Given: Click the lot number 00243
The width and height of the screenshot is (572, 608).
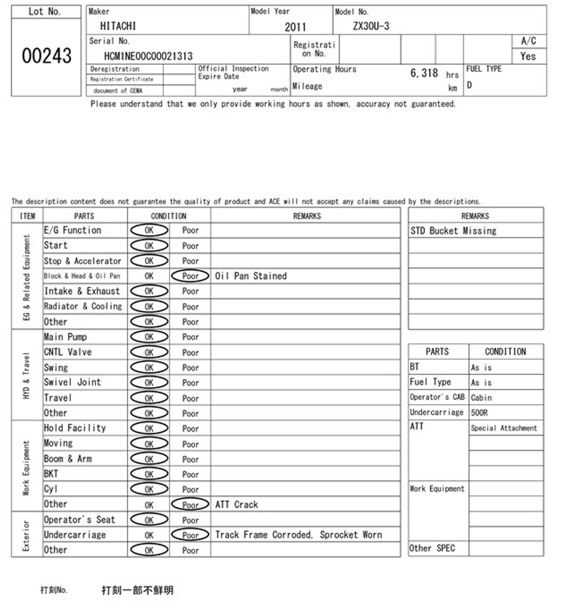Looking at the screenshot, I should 47,56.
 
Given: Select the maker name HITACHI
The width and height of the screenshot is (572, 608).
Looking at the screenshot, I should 118,26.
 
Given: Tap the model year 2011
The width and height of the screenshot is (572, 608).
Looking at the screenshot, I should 295,27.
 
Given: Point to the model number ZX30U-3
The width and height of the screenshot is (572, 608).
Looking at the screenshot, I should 371,26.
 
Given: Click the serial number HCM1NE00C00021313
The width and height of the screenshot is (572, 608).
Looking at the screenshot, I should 148,56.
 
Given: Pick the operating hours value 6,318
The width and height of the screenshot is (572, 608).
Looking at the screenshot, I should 424,73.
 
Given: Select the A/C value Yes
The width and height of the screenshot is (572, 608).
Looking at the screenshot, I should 528,56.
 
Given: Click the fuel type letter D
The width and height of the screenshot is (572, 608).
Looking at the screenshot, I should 469,85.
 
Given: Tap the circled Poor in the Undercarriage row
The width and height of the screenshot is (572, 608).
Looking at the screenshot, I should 190,535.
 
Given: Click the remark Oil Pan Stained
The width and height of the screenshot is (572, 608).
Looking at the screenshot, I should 251,276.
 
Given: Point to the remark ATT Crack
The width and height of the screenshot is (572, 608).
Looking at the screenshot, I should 236,505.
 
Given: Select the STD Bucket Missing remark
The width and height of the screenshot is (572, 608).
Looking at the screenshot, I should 453,231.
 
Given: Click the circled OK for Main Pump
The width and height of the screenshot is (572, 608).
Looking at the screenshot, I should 149,337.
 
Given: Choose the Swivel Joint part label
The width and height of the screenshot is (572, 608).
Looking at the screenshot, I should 72,382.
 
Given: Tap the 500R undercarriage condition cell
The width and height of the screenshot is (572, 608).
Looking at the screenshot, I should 479,413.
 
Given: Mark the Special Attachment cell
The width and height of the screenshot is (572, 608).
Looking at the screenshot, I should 504,428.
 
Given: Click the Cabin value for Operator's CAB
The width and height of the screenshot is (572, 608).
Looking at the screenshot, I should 481,397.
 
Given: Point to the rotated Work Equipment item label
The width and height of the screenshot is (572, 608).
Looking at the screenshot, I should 26,468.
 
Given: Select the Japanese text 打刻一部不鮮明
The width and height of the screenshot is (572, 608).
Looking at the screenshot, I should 137,590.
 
